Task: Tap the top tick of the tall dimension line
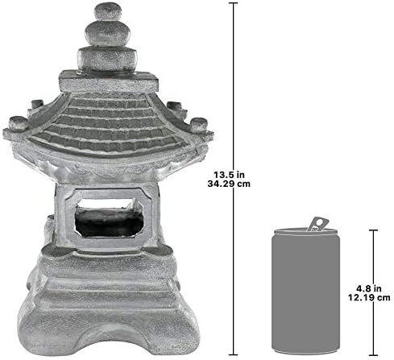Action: click(x=235, y=3)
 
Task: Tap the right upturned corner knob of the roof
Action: click(x=200, y=124)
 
